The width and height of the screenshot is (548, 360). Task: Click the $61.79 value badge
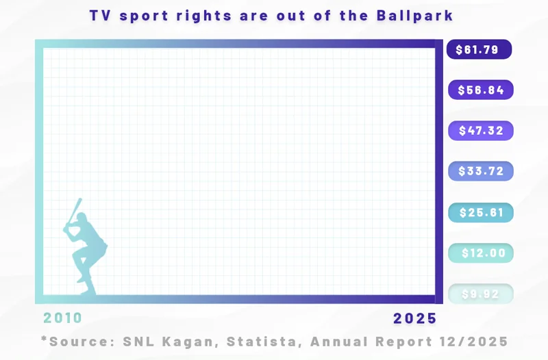point(480,49)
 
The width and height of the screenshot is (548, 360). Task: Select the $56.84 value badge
point(480,90)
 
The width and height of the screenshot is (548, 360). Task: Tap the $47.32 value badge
point(480,131)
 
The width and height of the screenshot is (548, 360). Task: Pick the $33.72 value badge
point(480,171)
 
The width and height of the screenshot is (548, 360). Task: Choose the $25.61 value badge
point(480,212)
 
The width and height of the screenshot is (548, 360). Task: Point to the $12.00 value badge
point(480,253)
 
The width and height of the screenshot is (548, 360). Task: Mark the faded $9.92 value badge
point(480,294)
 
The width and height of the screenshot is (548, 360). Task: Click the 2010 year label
point(63,318)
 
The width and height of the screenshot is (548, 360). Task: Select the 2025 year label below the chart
point(414,318)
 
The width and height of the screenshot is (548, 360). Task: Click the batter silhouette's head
point(82,220)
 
